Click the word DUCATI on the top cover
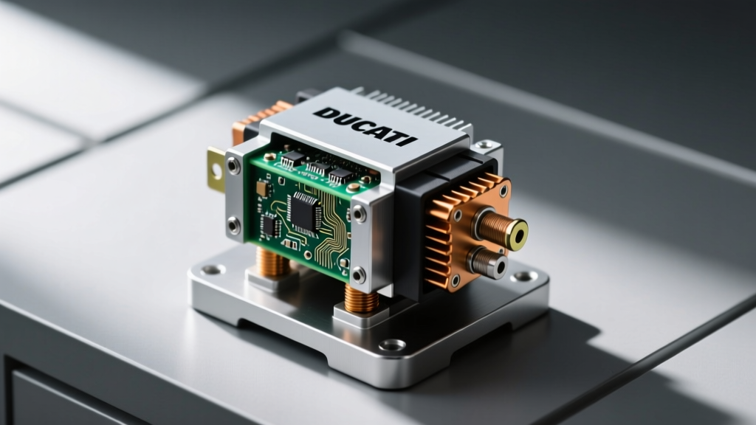365,126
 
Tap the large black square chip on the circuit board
303,211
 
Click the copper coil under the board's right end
362,298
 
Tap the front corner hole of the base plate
392,345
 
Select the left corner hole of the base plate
213,270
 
